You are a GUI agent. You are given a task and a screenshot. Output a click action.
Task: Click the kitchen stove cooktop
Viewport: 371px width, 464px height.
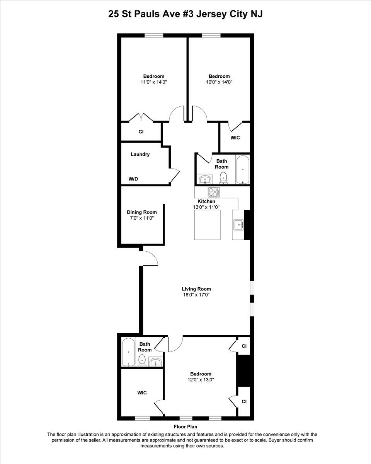214,192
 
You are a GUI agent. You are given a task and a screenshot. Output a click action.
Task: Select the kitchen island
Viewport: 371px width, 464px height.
208,225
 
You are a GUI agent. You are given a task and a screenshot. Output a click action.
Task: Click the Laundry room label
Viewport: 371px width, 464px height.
140,154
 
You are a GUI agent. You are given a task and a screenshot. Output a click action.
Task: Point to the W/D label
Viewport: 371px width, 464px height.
133,179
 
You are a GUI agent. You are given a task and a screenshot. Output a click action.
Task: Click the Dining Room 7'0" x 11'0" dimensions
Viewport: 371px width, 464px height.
141,218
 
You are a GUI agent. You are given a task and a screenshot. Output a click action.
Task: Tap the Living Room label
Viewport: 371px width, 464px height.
196,289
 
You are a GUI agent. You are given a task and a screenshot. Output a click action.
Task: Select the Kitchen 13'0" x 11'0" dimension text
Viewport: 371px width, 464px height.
206,207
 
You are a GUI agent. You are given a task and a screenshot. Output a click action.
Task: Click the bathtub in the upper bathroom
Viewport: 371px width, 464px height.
243,169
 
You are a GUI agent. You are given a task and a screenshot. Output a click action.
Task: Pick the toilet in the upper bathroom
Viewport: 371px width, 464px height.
223,177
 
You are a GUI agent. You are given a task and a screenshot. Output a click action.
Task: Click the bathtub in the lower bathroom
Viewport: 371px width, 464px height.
128,352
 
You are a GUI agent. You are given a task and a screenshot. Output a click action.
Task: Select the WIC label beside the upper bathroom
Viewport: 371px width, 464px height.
235,138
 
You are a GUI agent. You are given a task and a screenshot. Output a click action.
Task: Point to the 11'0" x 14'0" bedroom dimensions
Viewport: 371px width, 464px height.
154,82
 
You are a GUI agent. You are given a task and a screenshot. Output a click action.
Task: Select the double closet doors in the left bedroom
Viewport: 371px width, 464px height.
141,118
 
